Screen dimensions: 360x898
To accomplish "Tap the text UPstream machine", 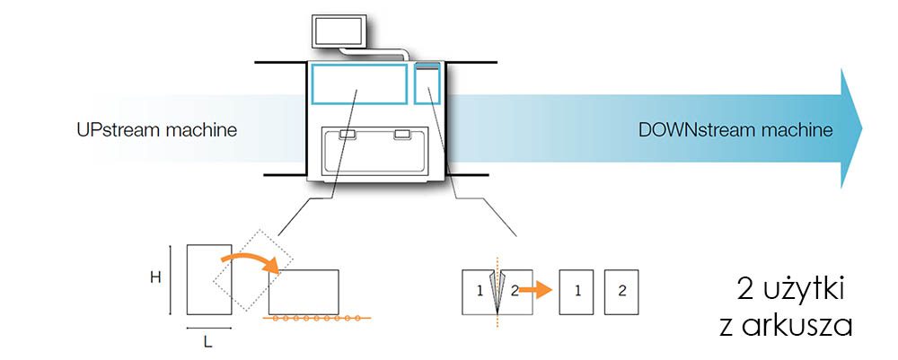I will (x=156, y=130).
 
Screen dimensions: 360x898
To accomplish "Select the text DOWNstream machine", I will (x=735, y=130).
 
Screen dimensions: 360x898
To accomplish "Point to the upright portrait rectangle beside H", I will (x=208, y=279).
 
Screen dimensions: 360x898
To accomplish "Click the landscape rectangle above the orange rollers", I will (x=304, y=292).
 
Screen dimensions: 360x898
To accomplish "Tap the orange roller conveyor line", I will (x=314, y=318).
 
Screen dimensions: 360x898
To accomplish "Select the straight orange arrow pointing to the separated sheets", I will (x=537, y=291).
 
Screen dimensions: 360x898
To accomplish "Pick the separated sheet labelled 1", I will (x=577, y=291).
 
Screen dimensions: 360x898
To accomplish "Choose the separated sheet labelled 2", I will (x=621, y=291).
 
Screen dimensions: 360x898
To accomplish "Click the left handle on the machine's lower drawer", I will (x=347, y=135).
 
